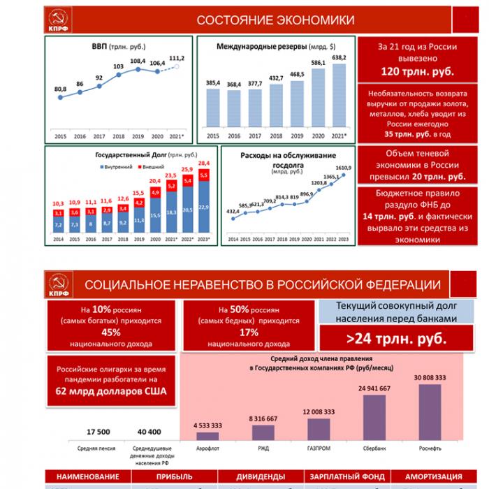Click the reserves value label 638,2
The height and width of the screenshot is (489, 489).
(x=340, y=57)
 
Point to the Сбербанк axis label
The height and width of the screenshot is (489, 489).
(x=374, y=447)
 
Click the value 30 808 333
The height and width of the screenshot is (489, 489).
(x=430, y=377)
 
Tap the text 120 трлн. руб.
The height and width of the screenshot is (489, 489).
(x=417, y=71)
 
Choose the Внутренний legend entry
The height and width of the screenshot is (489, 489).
(x=117, y=167)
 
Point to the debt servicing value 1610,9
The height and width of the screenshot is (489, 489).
(x=342, y=168)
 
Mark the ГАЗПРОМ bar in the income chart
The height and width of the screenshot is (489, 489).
(x=319, y=428)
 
